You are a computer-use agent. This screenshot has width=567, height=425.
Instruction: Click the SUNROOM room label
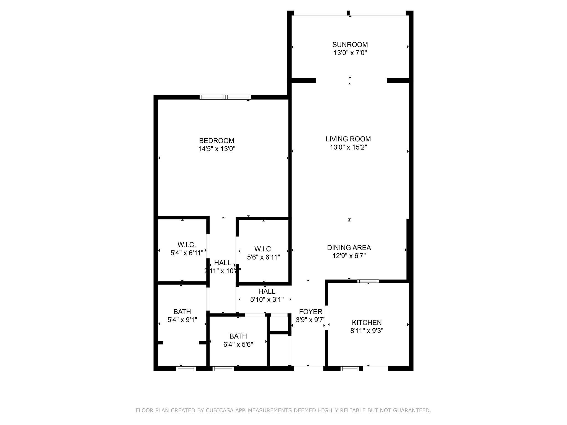350,45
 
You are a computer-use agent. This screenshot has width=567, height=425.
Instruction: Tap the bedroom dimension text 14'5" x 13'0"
217,149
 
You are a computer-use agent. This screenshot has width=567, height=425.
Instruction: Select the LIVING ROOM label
348,139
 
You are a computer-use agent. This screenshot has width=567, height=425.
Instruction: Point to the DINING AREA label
349,248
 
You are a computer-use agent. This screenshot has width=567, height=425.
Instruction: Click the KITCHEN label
367,322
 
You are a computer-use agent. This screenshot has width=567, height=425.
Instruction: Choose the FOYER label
311,312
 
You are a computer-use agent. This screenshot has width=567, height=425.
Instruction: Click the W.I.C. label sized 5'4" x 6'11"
187,245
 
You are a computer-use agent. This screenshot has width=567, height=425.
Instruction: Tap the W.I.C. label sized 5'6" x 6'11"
263,249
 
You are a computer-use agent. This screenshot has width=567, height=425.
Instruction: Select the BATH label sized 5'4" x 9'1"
182,312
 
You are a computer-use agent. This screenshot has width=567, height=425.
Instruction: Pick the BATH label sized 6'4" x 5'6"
238,336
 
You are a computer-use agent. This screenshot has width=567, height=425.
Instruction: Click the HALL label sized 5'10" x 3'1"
267,291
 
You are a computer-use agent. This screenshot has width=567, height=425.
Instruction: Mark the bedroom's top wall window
225,97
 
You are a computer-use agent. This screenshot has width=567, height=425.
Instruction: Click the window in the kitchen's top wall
368,281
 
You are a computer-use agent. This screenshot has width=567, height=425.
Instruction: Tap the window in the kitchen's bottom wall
350,369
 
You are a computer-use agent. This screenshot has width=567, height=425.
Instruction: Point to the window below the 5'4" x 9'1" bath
186,369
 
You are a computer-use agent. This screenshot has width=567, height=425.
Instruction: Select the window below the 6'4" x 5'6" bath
223,369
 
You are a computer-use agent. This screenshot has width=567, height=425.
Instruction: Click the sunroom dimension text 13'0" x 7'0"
350,53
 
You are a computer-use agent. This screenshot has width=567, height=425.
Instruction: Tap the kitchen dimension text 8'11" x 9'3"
367,331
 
